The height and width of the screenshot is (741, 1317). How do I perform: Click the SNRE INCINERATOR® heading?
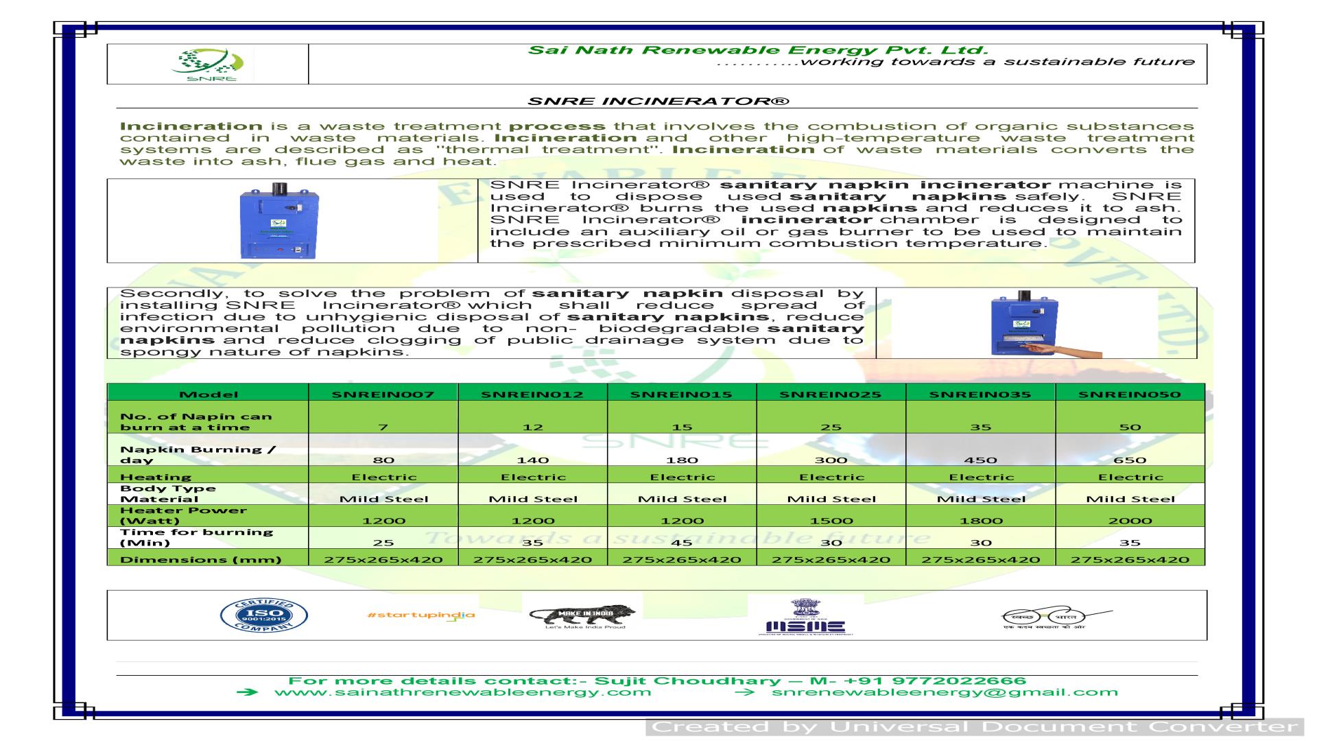tap(658, 102)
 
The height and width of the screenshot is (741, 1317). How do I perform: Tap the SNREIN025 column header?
tap(831, 394)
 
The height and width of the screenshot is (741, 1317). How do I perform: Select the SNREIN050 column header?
tap(1130, 394)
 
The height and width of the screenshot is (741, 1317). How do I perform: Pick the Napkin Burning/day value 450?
tap(980, 460)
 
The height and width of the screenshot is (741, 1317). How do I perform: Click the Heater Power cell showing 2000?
tap(1130, 520)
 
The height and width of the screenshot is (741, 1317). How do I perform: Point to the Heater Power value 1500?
tap(831, 520)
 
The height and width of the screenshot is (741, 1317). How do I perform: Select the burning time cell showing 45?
tap(682, 542)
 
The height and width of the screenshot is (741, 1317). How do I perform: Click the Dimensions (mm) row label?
tap(200, 559)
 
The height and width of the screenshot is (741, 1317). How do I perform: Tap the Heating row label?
tap(156, 477)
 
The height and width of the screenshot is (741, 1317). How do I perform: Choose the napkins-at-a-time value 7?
tap(383, 427)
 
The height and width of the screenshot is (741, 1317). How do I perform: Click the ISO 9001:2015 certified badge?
tap(263, 615)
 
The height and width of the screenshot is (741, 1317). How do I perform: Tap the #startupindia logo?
tap(421, 615)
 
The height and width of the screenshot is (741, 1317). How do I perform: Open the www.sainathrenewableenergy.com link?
tap(462, 692)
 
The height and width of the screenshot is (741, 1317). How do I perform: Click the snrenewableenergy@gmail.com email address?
tap(945, 692)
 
